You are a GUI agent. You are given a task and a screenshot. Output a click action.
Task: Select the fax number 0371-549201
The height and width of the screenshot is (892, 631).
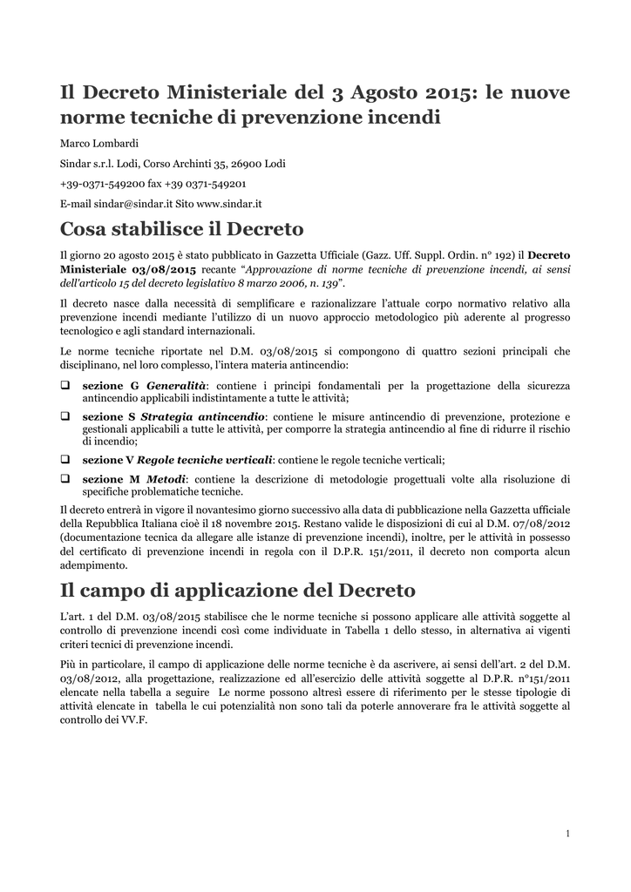coord(217,184)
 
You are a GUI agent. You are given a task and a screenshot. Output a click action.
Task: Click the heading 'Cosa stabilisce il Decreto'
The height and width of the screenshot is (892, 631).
coord(181,230)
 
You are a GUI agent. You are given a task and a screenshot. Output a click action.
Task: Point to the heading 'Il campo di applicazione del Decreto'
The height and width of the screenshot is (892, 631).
coord(237,591)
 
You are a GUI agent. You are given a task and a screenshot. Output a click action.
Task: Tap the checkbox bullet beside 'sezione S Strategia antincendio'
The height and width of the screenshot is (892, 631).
coord(64,416)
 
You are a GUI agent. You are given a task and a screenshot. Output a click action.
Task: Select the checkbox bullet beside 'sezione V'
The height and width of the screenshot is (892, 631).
coord(64,459)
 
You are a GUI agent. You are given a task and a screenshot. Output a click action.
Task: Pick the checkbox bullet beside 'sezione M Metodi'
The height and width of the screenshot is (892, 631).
coord(64,479)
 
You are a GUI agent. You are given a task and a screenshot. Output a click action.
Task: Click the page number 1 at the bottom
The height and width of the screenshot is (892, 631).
coord(567,835)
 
